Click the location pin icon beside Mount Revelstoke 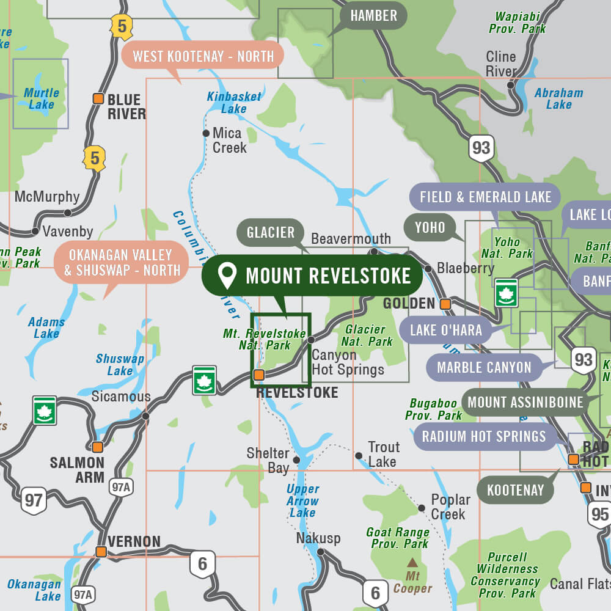[227, 276]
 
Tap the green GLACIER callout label [271, 232]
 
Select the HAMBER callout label [374, 15]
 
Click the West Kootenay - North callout [203, 56]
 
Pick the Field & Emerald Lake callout [485, 197]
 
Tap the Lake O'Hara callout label [445, 331]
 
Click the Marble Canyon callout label [484, 368]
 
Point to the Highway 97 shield [34, 501]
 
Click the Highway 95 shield [599, 514]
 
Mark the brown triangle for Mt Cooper [413, 562]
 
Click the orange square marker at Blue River [98, 98]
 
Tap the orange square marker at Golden [445, 304]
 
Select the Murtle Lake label [42, 98]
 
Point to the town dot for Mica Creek [206, 133]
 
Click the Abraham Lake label [558, 98]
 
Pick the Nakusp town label [318, 538]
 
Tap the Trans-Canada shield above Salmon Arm [45, 411]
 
